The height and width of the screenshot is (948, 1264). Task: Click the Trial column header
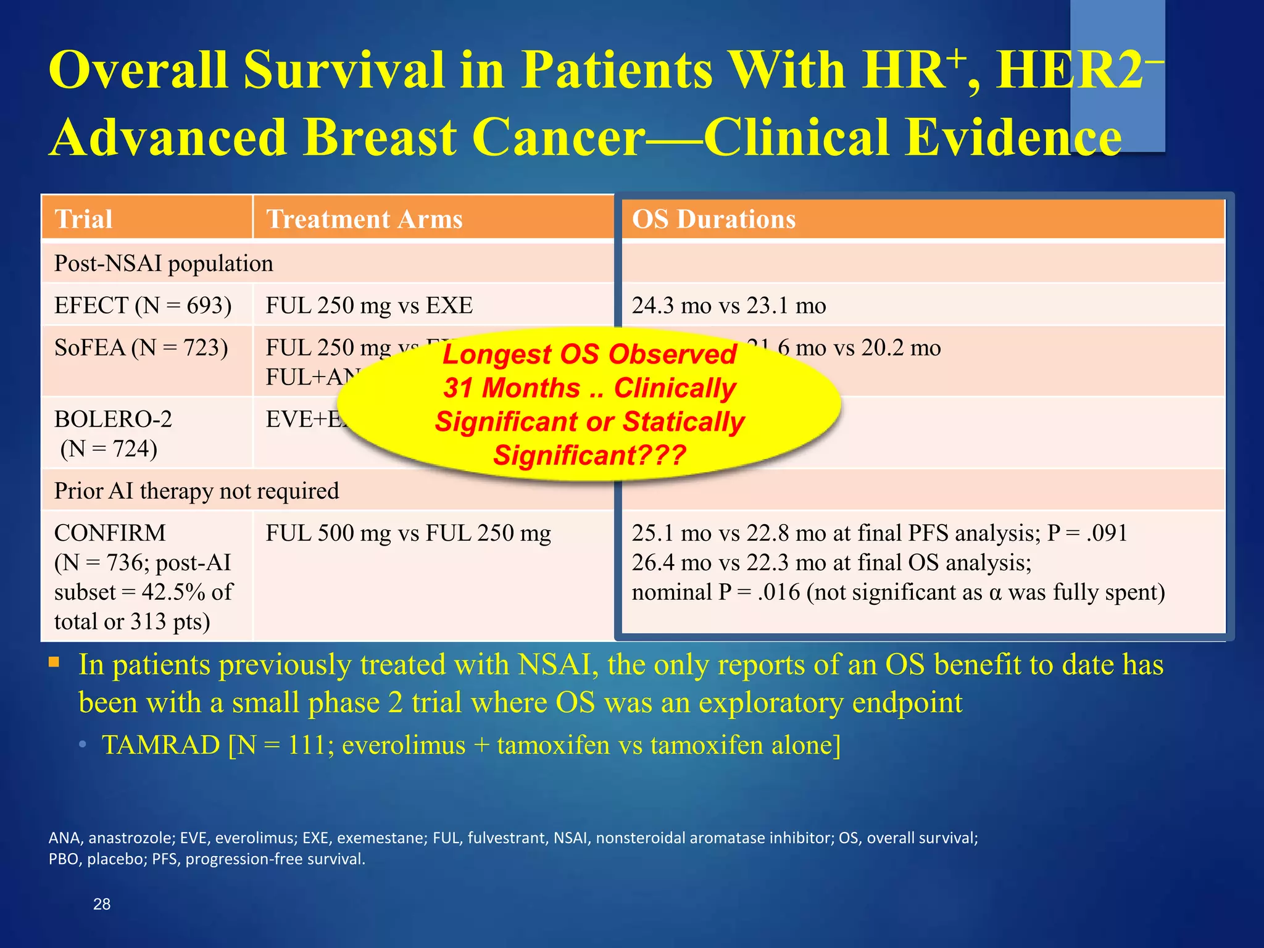[83, 219]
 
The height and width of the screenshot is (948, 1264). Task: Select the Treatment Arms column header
[364, 219]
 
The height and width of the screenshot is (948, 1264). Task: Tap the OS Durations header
[713, 219]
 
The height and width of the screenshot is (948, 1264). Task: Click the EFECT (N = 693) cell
[143, 306]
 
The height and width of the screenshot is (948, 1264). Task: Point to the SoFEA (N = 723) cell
[141, 348]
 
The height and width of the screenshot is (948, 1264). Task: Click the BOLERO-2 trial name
[113, 420]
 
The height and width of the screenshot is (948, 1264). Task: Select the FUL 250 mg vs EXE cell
[369, 306]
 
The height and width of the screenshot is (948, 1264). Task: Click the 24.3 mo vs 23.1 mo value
[728, 306]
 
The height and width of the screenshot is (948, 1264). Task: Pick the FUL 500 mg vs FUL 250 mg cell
[408, 533]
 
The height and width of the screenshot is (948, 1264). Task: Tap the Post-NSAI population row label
[164, 264]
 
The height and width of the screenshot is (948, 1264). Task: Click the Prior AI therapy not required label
[196, 491]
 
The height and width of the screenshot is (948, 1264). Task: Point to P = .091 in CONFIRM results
[1087, 533]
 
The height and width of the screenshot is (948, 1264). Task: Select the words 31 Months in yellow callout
[512, 388]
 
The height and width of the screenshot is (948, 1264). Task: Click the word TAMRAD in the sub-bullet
[161, 746]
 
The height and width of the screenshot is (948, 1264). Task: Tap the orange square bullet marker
[54, 663]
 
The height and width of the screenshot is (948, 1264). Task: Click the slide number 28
[101, 904]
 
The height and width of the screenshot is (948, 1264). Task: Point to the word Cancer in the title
[559, 137]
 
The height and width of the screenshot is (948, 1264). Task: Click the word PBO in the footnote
[64, 859]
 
